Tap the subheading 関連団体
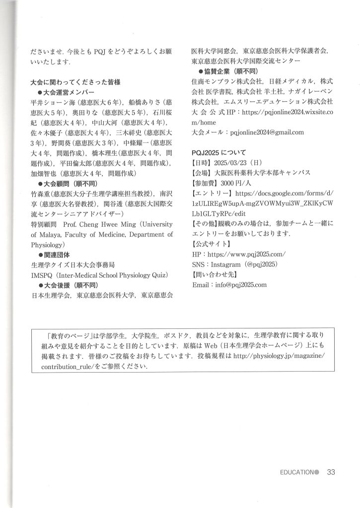click(x=61, y=254)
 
